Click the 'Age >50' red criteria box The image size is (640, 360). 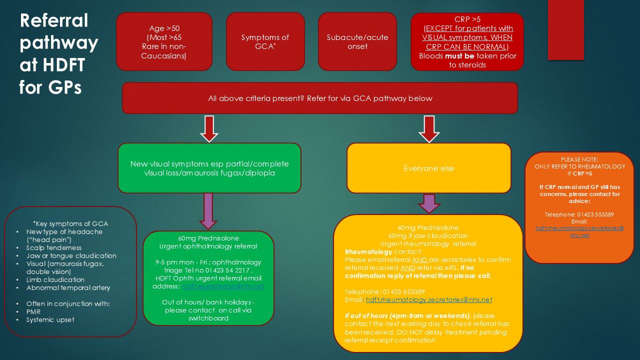[164, 41]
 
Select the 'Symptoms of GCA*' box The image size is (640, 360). [265, 41]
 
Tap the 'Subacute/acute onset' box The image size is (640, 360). [357, 41]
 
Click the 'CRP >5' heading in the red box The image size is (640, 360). [467, 19]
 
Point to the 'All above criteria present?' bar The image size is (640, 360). [320, 98]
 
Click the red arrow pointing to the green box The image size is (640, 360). [209, 128]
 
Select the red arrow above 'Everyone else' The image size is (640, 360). [429, 128]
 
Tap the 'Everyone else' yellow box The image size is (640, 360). [429, 168]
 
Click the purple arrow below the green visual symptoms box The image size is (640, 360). [208, 210]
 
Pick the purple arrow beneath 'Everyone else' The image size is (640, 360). [429, 203]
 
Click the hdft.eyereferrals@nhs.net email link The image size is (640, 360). [223, 286]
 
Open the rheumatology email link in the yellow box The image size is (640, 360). [429, 300]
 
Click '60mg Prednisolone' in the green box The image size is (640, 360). [208, 238]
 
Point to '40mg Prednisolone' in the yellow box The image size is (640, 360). [428, 228]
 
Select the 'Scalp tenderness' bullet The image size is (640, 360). [54, 247]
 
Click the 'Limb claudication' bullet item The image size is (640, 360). [55, 279]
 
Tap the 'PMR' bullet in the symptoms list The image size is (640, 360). [33, 311]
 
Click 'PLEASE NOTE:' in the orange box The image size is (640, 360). [579, 159]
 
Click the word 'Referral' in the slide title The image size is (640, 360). [54, 21]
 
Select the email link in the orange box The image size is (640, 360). [579, 231]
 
